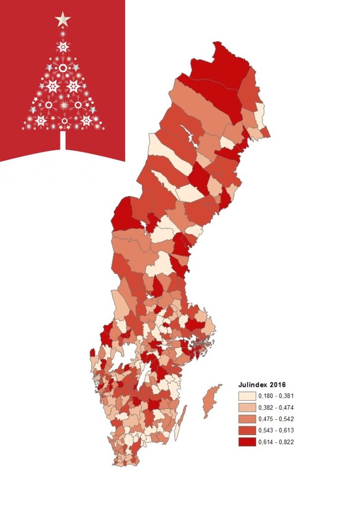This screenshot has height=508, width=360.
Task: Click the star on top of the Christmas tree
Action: coord(63,20)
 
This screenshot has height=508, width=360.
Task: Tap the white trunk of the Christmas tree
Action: coord(63,140)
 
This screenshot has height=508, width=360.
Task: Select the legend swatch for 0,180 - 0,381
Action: coord(247,396)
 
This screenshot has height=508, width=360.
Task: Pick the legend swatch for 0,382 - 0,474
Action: coord(247,408)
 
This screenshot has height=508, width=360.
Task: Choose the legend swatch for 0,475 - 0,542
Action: coord(247,419)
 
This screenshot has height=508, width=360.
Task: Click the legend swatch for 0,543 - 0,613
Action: coord(247,431)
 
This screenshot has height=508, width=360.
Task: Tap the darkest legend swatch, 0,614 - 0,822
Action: coord(247,442)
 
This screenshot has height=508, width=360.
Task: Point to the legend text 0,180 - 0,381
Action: coord(276,396)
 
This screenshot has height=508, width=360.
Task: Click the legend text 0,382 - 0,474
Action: coord(276,408)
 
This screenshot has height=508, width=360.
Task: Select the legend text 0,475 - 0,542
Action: coord(276,419)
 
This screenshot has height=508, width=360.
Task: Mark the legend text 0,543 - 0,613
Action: coord(276,431)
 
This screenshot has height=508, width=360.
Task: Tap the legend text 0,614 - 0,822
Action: coord(276,442)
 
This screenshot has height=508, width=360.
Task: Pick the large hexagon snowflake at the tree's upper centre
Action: coord(63,47)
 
